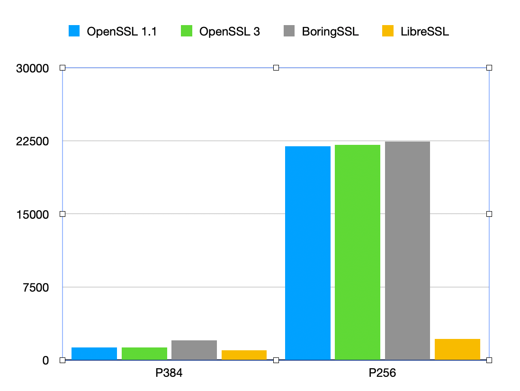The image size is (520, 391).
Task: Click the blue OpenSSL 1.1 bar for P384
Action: (x=94, y=354)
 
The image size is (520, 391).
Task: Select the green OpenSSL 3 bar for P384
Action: (x=144, y=354)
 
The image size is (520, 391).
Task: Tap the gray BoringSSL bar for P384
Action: (x=194, y=350)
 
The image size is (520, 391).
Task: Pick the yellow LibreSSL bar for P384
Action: (x=244, y=355)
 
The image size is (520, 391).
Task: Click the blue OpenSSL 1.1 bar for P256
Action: (x=307, y=253)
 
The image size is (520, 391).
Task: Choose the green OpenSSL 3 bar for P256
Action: (x=358, y=252)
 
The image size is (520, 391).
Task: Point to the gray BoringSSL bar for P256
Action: (x=407, y=250)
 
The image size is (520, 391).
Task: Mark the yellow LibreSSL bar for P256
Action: (x=457, y=349)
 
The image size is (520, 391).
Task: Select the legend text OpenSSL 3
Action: (x=230, y=32)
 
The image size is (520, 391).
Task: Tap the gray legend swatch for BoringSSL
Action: (x=289, y=32)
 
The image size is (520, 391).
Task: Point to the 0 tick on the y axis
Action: (x=45, y=360)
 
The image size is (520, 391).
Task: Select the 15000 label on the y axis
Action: (x=33, y=214)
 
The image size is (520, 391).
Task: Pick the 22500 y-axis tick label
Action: (x=33, y=141)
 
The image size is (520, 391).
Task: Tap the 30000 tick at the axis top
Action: (x=33, y=68)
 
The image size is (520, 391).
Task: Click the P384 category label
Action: (x=169, y=373)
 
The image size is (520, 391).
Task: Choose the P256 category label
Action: (x=382, y=373)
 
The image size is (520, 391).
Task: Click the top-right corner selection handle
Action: (x=489, y=68)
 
